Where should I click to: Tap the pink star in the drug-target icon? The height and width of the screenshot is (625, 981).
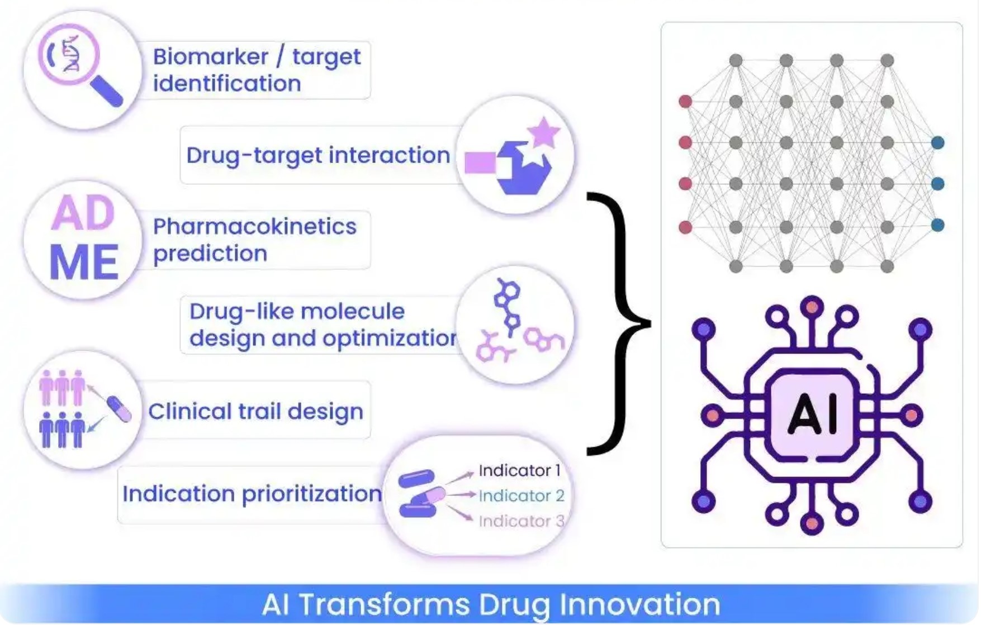pyautogui.click(x=543, y=133)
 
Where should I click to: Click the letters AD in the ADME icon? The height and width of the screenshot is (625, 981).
pyautogui.click(x=83, y=213)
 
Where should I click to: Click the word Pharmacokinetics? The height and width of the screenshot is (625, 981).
pyautogui.click(x=254, y=227)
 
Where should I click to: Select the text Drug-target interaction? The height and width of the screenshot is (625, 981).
pyautogui.click(x=318, y=155)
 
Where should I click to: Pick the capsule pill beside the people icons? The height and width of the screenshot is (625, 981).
pyautogui.click(x=119, y=409)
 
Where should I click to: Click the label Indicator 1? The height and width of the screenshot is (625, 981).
pyautogui.click(x=519, y=471)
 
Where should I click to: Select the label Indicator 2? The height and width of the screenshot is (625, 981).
pyautogui.click(x=521, y=496)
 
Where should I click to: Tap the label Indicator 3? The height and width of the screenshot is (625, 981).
pyautogui.click(x=521, y=521)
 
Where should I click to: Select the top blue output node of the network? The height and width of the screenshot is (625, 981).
pyautogui.click(x=937, y=143)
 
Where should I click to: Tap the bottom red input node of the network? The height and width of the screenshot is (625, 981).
pyautogui.click(x=685, y=227)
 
